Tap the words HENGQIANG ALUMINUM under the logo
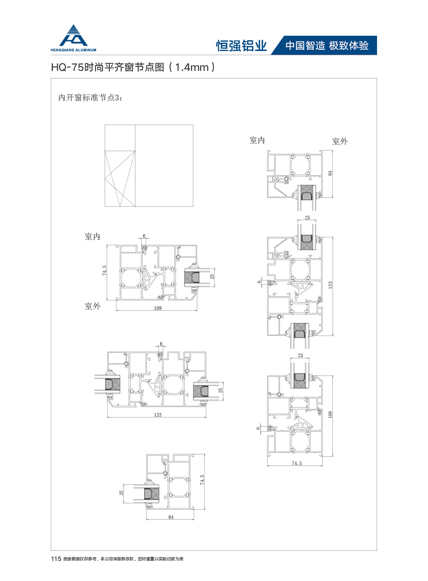click(73, 50)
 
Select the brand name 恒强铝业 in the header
click(241, 46)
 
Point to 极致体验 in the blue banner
click(349, 46)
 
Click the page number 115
click(56, 559)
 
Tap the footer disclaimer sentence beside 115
click(123, 559)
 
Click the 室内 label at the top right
click(257, 140)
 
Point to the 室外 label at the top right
click(340, 141)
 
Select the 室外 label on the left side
click(93, 306)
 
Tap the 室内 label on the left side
click(93, 237)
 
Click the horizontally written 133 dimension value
click(158, 415)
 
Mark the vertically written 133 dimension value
click(330, 285)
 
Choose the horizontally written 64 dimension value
click(171, 517)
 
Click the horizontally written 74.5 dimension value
click(297, 464)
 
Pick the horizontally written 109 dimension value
click(158, 308)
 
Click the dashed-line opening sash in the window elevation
click(120, 178)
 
